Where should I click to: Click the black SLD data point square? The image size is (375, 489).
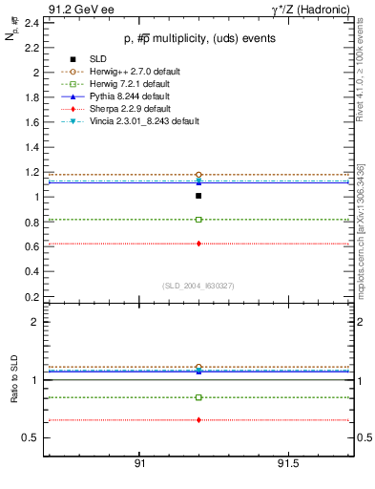click(x=198, y=196)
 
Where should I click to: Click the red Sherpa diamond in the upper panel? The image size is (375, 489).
click(x=198, y=244)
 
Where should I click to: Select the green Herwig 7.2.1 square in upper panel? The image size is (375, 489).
click(x=198, y=220)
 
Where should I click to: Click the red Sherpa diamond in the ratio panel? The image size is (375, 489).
click(x=198, y=420)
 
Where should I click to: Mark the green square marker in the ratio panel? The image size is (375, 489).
click(x=198, y=397)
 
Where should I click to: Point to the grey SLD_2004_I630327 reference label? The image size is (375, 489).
click(x=198, y=285)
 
